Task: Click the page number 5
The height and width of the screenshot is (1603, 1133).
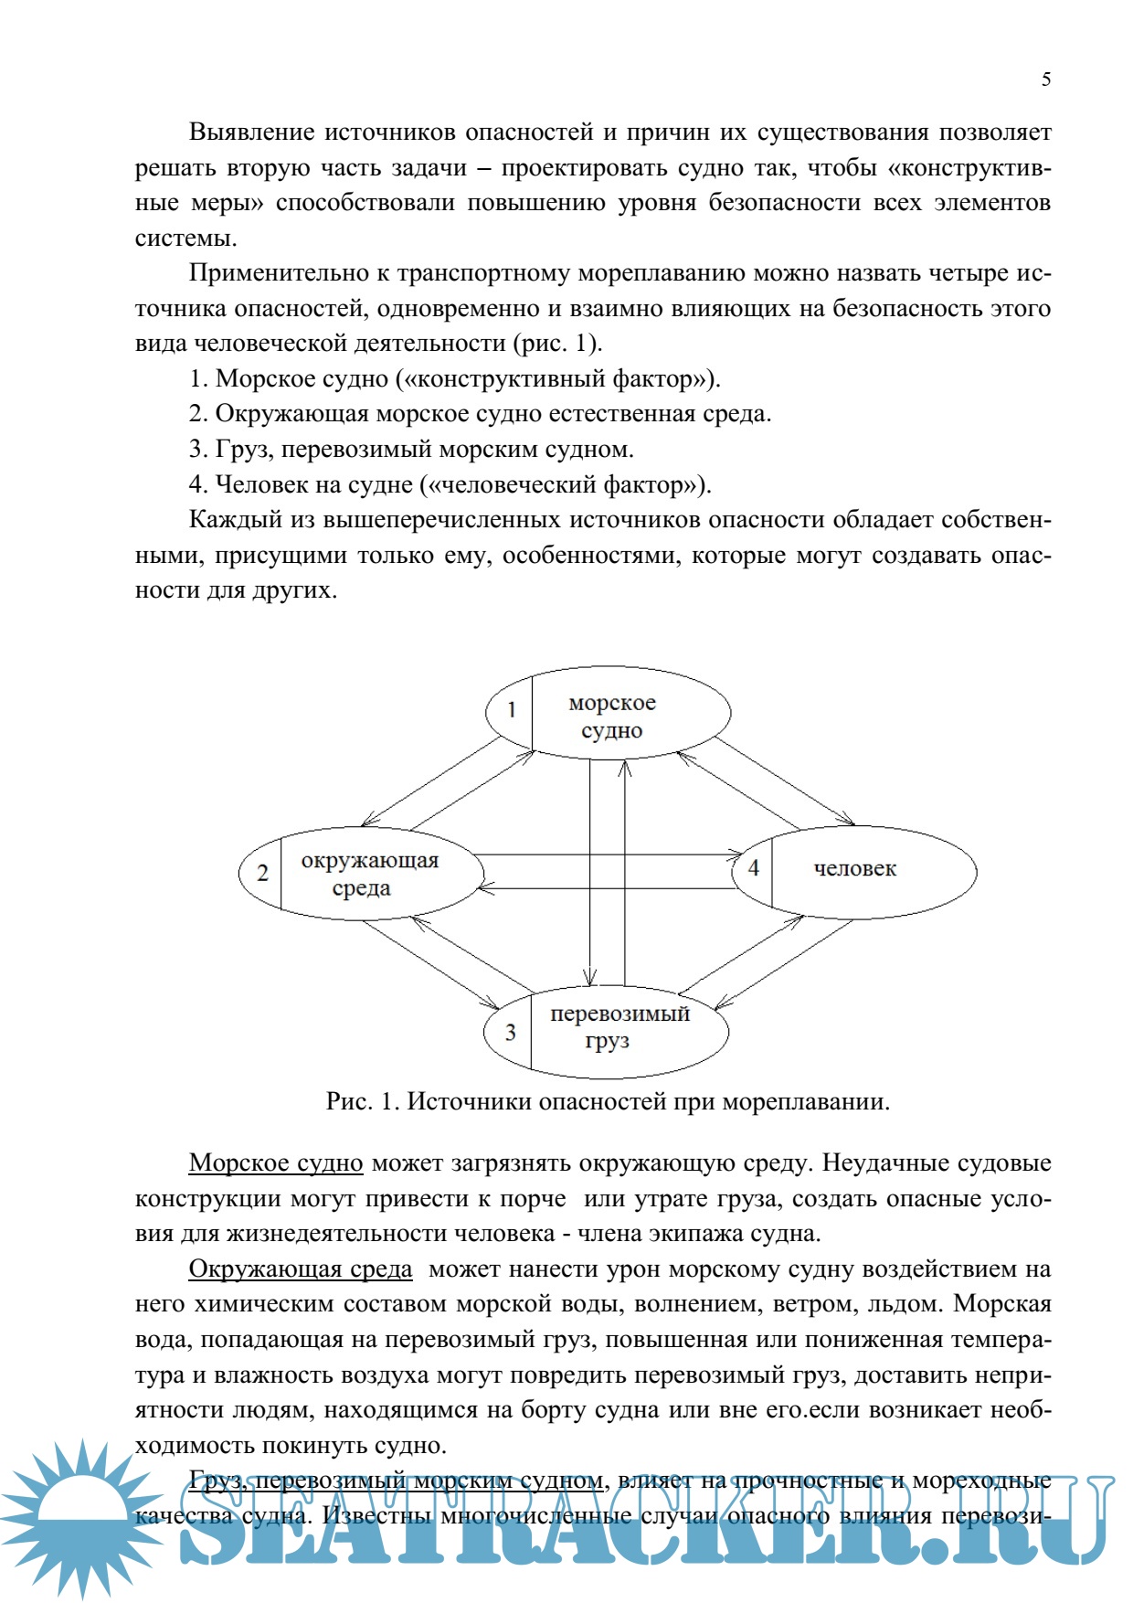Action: [1046, 80]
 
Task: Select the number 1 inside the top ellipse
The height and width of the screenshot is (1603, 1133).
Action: [512, 709]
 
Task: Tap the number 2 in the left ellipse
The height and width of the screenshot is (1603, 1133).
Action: [262, 873]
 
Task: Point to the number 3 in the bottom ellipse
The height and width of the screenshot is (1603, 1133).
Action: [510, 1032]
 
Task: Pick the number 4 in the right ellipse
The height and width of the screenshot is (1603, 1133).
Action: [754, 867]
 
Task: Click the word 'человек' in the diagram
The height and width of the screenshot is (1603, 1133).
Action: [854, 869]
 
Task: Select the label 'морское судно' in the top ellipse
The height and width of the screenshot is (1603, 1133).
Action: [612, 717]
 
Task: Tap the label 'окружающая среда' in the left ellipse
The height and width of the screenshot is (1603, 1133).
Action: [369, 874]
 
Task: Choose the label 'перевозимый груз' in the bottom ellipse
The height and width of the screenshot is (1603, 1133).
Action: [619, 1026]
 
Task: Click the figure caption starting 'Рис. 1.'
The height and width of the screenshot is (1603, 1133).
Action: [608, 1101]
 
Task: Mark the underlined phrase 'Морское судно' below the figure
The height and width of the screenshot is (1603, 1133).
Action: [276, 1163]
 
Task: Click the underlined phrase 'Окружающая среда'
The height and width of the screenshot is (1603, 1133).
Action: [301, 1269]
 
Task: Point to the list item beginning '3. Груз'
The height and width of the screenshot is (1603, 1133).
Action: [411, 450]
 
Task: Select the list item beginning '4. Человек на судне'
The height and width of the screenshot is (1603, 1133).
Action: [450, 484]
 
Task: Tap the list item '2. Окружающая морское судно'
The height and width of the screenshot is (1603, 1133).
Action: [480, 414]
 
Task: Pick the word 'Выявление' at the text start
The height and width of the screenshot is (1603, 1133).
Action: [250, 133]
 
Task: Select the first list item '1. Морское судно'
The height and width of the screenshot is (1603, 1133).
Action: [454, 379]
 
